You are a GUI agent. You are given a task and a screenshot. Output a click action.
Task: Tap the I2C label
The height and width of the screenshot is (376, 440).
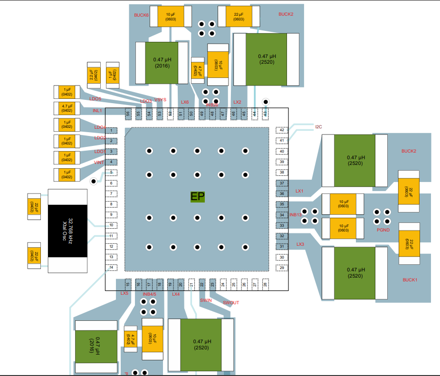[x=318, y=127]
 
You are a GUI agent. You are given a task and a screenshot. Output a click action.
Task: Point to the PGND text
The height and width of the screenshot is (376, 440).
[x=383, y=230]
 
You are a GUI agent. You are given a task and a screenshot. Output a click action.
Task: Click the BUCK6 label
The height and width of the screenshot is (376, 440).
[x=141, y=15]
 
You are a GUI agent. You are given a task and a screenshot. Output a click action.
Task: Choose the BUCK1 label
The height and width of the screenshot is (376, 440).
[x=409, y=280]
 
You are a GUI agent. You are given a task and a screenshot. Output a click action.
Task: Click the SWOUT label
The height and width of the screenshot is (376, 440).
[x=231, y=303]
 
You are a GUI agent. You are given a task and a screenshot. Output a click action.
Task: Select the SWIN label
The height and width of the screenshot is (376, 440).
[x=206, y=300]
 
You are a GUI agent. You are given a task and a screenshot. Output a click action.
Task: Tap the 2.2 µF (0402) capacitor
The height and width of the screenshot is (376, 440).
[x=94, y=75]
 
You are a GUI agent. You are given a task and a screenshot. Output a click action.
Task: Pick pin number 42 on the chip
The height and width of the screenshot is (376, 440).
[x=282, y=130]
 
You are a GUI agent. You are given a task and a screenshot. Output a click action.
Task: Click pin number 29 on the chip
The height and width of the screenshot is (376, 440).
[x=282, y=268]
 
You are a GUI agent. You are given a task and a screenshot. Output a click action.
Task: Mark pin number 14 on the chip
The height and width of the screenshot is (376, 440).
[x=111, y=267]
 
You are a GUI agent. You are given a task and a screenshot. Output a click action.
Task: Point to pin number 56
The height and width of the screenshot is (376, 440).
[x=127, y=114]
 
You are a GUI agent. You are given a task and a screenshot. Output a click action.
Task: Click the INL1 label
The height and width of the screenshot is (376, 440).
[x=97, y=111]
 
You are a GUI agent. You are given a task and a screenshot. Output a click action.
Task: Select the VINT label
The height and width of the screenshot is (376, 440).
[x=99, y=163]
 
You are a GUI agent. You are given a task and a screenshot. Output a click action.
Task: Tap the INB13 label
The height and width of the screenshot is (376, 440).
[x=295, y=215]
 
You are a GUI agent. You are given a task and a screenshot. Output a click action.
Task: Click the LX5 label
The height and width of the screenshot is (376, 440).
[x=124, y=293]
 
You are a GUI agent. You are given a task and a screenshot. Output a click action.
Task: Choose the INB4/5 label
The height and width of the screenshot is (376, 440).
[x=150, y=294]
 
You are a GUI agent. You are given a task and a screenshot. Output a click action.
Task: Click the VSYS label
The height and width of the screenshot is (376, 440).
[x=161, y=100]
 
